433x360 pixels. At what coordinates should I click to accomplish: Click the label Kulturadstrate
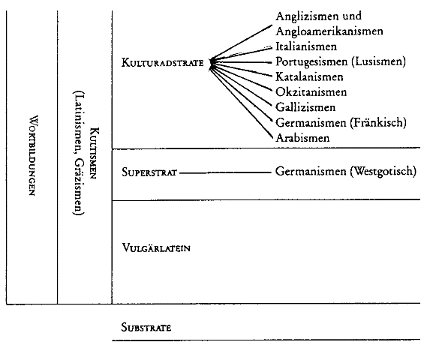click(162, 63)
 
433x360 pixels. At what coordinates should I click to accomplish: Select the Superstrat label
click(149, 172)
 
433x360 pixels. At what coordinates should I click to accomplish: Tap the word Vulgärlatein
click(156, 247)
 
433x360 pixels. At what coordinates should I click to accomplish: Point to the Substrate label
click(146, 328)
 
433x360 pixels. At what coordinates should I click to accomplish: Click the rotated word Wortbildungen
click(32, 155)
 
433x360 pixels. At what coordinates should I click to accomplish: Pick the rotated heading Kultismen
click(93, 153)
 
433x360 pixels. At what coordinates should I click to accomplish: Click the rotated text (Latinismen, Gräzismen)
click(78, 153)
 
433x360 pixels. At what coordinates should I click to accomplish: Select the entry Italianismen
click(306, 46)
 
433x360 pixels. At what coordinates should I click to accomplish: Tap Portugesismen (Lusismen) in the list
click(341, 61)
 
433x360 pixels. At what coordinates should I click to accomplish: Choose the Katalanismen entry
click(309, 76)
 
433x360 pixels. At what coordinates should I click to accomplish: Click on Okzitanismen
click(311, 92)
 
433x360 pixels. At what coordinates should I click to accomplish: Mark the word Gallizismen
click(305, 107)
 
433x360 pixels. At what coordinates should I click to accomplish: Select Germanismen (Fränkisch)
click(341, 122)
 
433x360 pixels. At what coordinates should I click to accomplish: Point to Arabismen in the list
click(302, 137)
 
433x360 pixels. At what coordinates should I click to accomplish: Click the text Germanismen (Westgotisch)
click(346, 171)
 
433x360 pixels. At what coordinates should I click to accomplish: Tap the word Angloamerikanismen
click(329, 31)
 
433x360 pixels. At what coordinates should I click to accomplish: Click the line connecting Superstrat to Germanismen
click(225, 172)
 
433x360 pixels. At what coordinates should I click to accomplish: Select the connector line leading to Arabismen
click(242, 101)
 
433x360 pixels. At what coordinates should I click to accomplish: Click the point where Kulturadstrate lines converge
click(212, 63)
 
